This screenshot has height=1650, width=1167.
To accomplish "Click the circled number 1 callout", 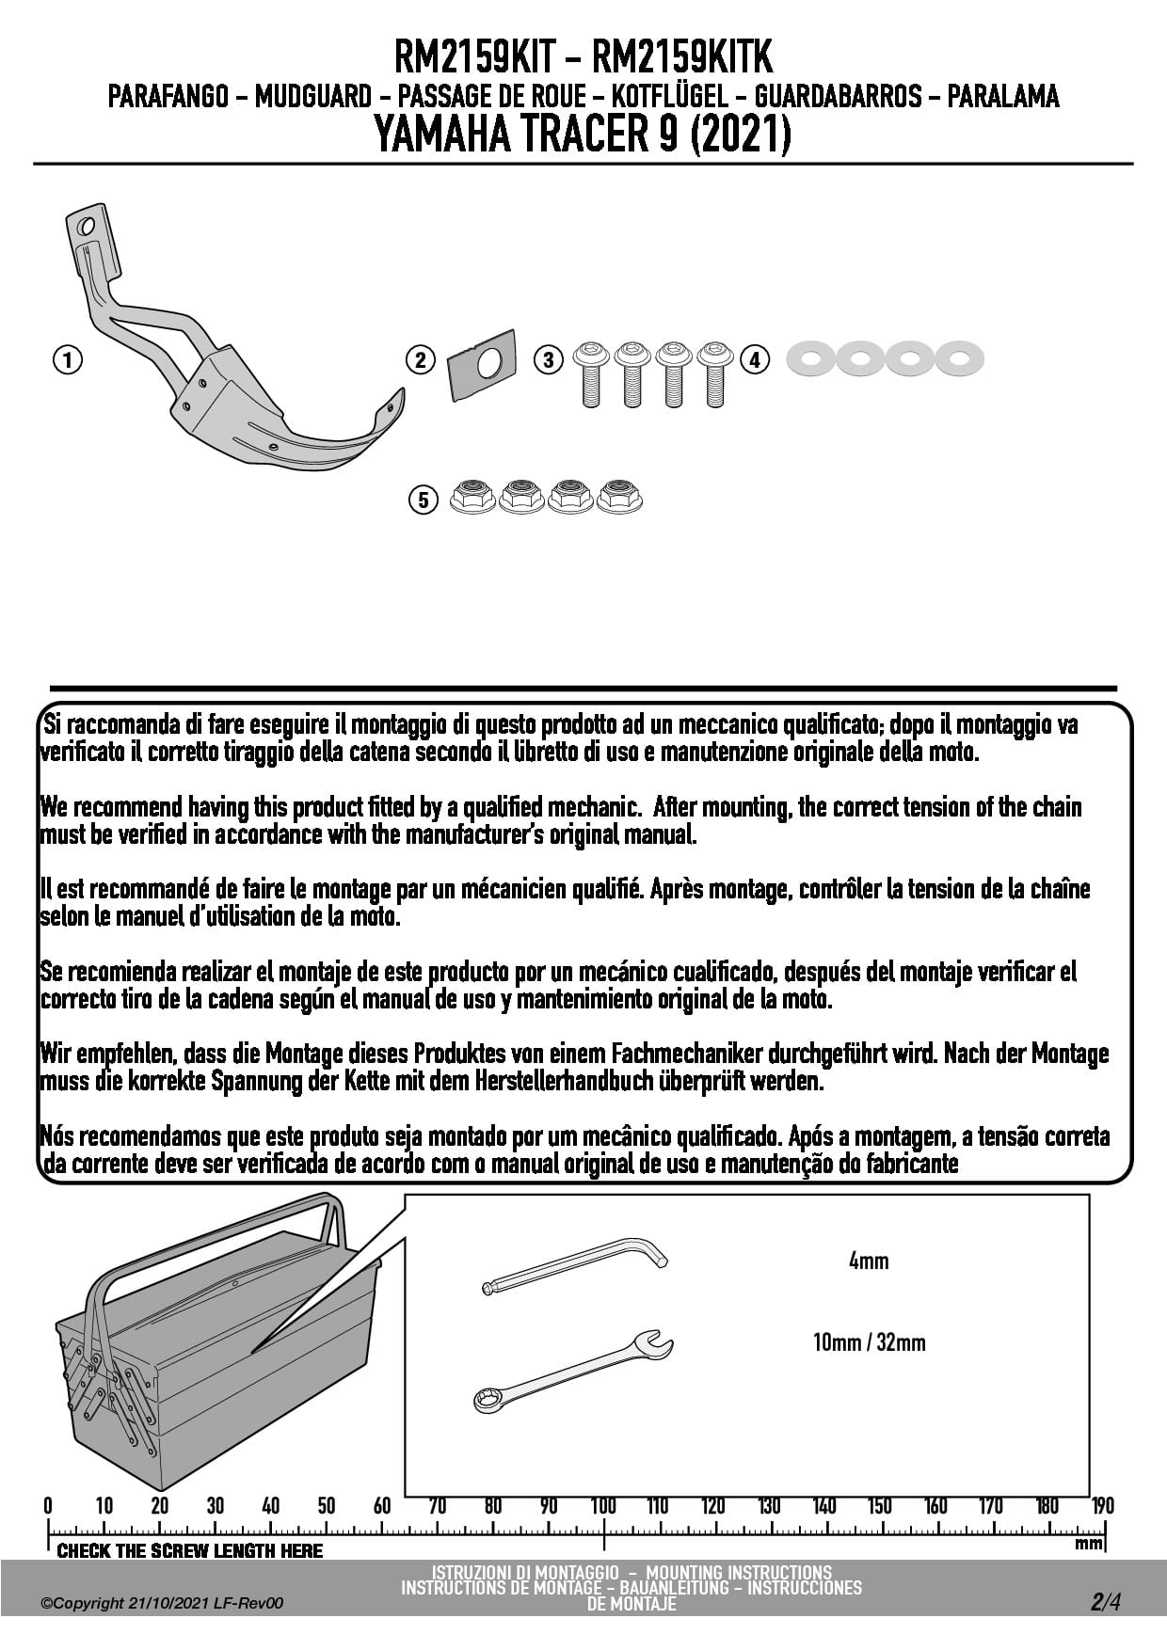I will coord(67,359).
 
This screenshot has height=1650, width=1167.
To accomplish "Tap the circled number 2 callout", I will coord(420,359).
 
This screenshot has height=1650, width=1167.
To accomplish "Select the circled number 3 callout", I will coord(549,359).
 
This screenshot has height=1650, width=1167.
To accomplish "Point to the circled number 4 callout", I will coord(755,359).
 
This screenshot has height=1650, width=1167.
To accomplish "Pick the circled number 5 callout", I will coord(424,500).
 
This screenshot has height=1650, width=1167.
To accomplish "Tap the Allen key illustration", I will coord(574,1266).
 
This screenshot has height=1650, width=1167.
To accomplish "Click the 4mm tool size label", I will coord(869,1261).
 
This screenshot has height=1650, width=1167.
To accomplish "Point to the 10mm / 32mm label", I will coord(869,1342).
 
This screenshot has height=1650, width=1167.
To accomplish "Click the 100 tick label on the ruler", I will coord(603,1506).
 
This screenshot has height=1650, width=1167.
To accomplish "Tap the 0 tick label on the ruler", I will coord(48,1506).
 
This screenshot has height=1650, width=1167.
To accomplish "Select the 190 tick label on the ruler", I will coord(1102,1506).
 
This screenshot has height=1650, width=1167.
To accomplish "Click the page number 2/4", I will coord(1106,1602).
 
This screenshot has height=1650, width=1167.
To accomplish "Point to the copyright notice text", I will coord(162,1603).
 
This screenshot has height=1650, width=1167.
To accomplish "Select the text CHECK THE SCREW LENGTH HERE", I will coord(189,1551).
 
